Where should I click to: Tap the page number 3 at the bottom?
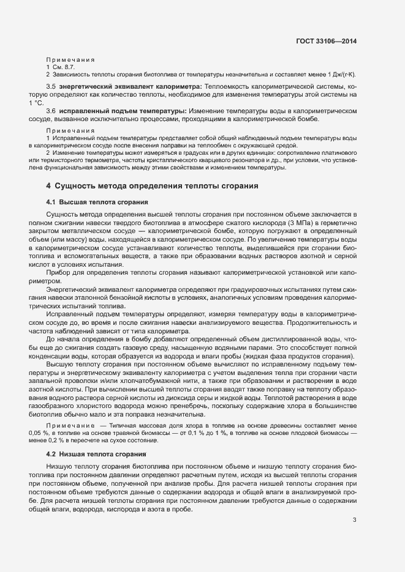(354, 521)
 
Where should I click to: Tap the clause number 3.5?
(51, 87)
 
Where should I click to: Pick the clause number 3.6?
(51, 111)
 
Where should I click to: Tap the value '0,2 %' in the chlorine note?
(63, 440)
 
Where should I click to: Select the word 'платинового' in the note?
(341, 153)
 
